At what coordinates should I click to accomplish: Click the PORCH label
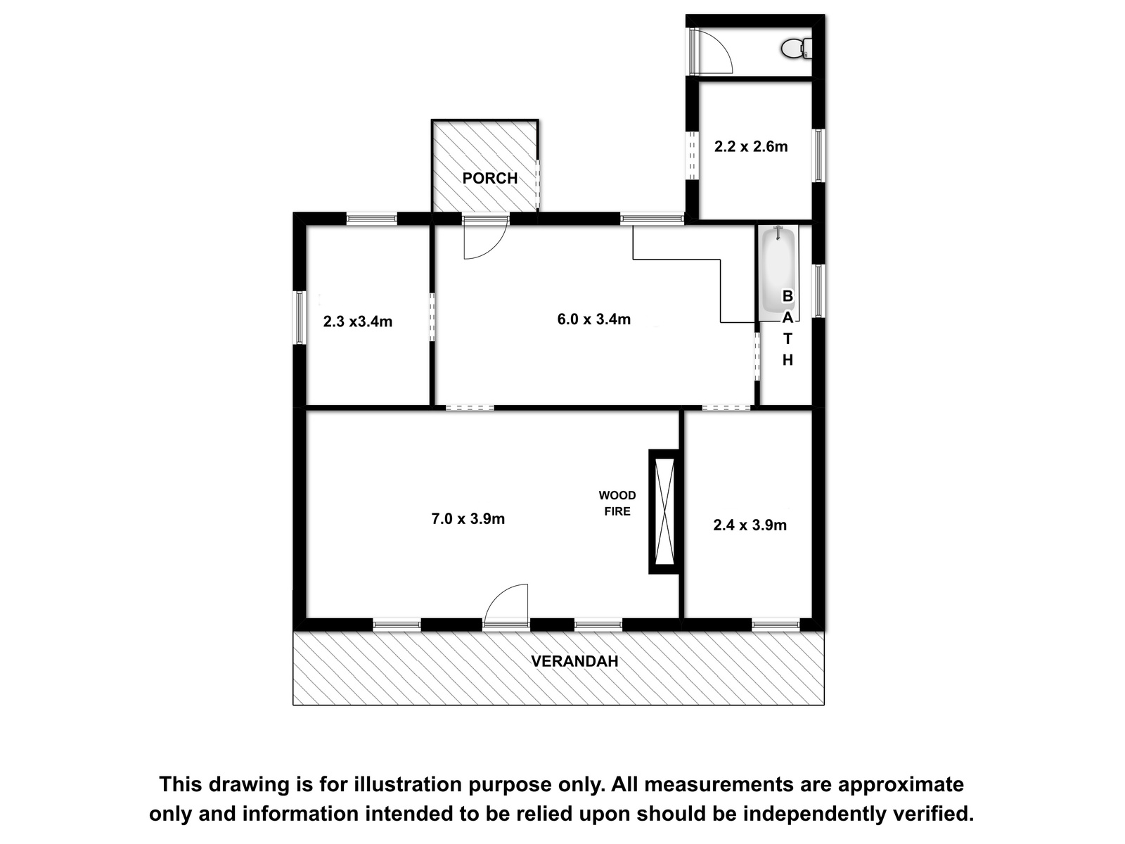pyautogui.click(x=489, y=179)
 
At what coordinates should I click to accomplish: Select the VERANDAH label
pyautogui.click(x=574, y=661)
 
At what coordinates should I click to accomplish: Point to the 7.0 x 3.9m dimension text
pyautogui.click(x=468, y=518)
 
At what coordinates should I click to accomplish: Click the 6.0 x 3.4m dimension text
pyautogui.click(x=593, y=319)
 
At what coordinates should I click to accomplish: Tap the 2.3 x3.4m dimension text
pyautogui.click(x=358, y=321)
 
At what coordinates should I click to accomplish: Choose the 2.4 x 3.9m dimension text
pyautogui.click(x=750, y=525)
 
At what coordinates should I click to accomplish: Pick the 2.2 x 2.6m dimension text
pyautogui.click(x=751, y=146)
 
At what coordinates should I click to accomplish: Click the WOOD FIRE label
pyautogui.click(x=617, y=503)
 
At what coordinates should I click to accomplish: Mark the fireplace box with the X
pyautogui.click(x=664, y=511)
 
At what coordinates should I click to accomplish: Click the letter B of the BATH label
pyautogui.click(x=787, y=296)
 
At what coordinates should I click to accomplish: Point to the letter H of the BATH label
pyautogui.click(x=787, y=360)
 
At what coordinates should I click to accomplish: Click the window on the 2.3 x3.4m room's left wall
pyautogui.click(x=300, y=318)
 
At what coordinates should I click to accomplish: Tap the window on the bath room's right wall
pyautogui.click(x=818, y=290)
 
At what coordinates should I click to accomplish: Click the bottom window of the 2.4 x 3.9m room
pyautogui.click(x=776, y=625)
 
